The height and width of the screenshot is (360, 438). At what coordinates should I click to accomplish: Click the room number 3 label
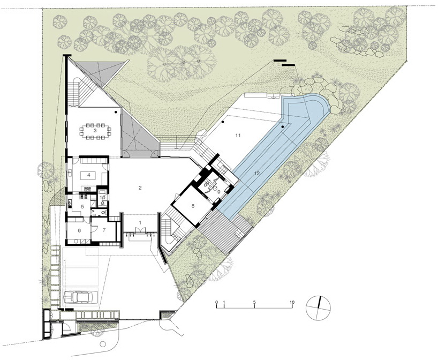point(95,130)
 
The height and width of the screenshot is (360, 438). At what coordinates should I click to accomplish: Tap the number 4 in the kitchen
point(88,175)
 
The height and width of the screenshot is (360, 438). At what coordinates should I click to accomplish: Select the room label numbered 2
point(140,188)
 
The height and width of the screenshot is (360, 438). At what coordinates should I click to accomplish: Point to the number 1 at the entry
point(140,222)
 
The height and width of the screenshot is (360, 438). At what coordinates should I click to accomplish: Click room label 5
point(82,207)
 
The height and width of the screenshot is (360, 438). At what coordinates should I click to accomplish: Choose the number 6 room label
point(79,230)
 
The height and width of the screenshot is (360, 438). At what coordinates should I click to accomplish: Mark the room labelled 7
point(104,230)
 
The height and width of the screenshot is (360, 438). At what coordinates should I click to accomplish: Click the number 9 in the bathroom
point(218,192)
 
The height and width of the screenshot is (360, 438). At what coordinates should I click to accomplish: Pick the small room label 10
point(102,197)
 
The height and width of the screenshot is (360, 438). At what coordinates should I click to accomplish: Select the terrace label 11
point(238,136)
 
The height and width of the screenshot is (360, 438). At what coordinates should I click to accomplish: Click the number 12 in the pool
point(257,173)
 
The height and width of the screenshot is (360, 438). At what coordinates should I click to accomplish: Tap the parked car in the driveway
point(81,297)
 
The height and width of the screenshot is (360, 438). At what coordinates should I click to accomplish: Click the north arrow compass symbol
point(318,307)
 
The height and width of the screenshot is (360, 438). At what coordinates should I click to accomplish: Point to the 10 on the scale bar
point(292,302)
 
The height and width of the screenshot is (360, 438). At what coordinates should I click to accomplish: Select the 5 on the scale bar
point(254,302)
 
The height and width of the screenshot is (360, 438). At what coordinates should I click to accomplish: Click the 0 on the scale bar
point(216,302)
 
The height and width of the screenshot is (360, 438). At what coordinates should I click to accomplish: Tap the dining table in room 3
point(95,131)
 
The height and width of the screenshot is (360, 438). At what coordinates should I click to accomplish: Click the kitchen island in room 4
point(89,176)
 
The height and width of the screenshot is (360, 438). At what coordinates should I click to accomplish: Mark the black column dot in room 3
point(115,112)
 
